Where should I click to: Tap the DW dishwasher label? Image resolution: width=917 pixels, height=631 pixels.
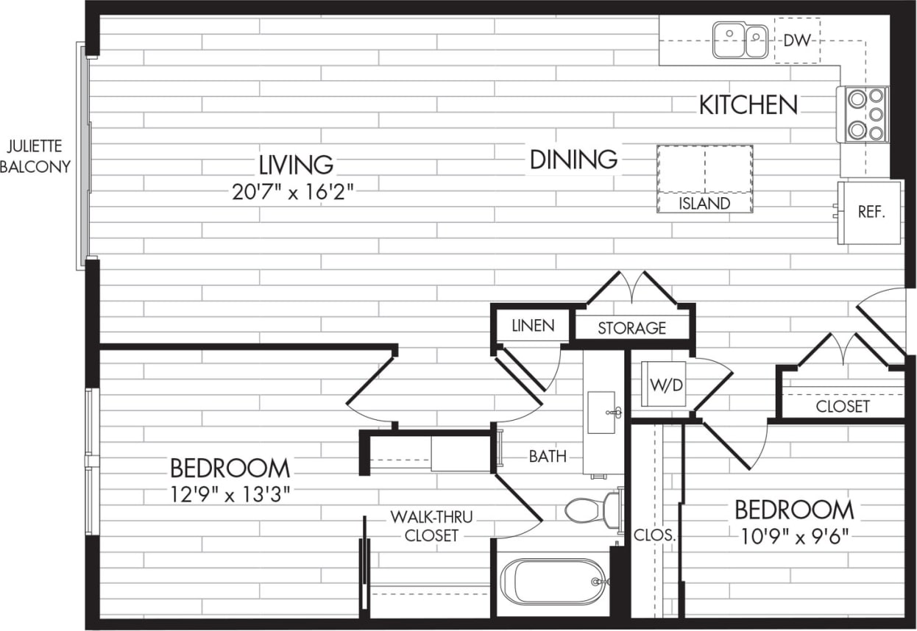796,40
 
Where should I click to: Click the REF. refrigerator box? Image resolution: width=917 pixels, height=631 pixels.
869,212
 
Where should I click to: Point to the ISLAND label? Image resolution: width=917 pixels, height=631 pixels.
704,204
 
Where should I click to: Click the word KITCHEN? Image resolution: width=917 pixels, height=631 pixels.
748,105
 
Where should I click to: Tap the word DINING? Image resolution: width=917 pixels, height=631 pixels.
573,159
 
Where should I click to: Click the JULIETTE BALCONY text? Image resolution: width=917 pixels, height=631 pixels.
35,156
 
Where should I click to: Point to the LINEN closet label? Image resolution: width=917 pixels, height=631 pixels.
533,326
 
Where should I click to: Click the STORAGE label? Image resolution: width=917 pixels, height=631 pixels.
631,328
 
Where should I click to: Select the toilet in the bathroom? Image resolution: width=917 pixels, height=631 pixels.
591,509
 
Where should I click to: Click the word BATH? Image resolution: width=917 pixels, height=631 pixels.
548,457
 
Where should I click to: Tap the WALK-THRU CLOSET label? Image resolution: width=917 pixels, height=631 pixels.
431,526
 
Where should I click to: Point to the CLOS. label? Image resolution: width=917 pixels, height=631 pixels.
654,536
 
